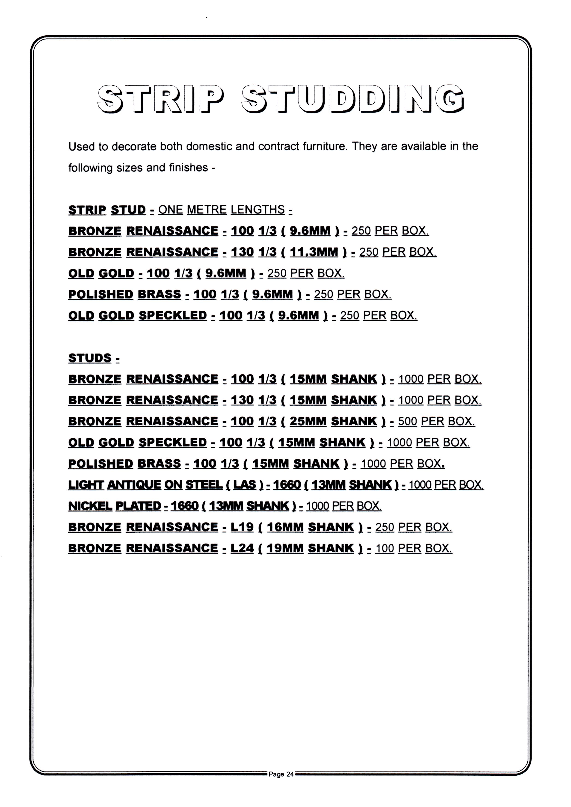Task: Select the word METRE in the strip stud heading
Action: pos(207,210)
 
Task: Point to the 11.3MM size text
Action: pos(314,252)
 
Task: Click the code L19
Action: pos(242,527)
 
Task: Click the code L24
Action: pos(242,548)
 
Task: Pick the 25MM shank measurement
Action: pos(308,421)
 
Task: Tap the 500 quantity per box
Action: pos(407,421)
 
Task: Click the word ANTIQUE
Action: pos(134,485)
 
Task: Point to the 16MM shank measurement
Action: pos(285,527)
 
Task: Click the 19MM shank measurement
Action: pos(285,548)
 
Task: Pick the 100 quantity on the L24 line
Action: pos(385,548)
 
